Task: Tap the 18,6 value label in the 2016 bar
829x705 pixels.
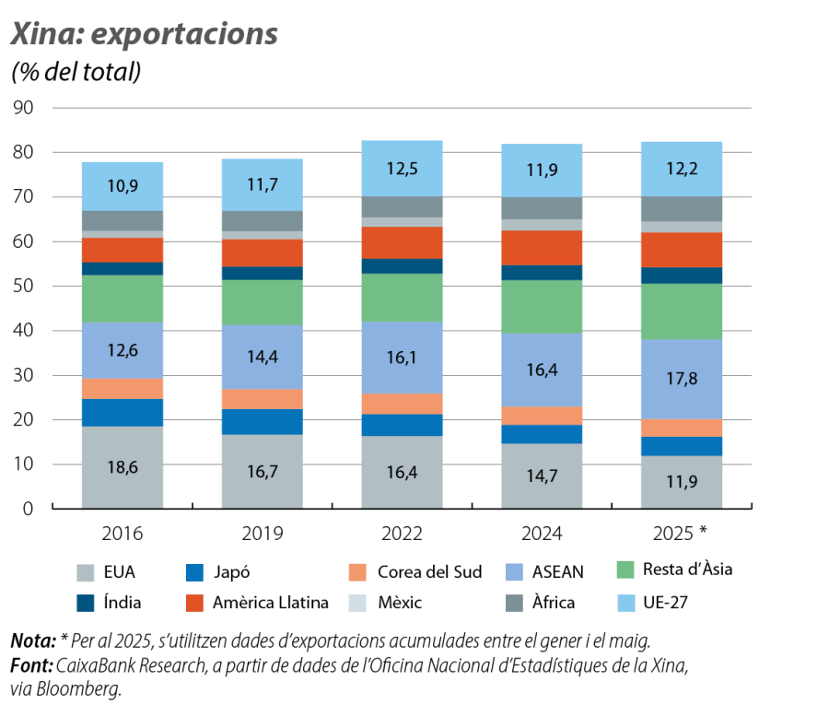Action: tap(123, 468)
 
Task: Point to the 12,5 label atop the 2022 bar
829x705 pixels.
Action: tap(402, 169)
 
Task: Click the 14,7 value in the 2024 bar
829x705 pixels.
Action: tap(542, 476)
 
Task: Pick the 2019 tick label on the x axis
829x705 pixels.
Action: tap(262, 533)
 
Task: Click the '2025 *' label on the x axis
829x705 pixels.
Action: tap(683, 533)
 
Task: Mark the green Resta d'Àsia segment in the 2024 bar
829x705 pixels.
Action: tap(542, 307)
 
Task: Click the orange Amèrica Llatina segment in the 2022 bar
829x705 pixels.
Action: tap(402, 242)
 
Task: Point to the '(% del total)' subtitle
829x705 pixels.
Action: tap(76, 72)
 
